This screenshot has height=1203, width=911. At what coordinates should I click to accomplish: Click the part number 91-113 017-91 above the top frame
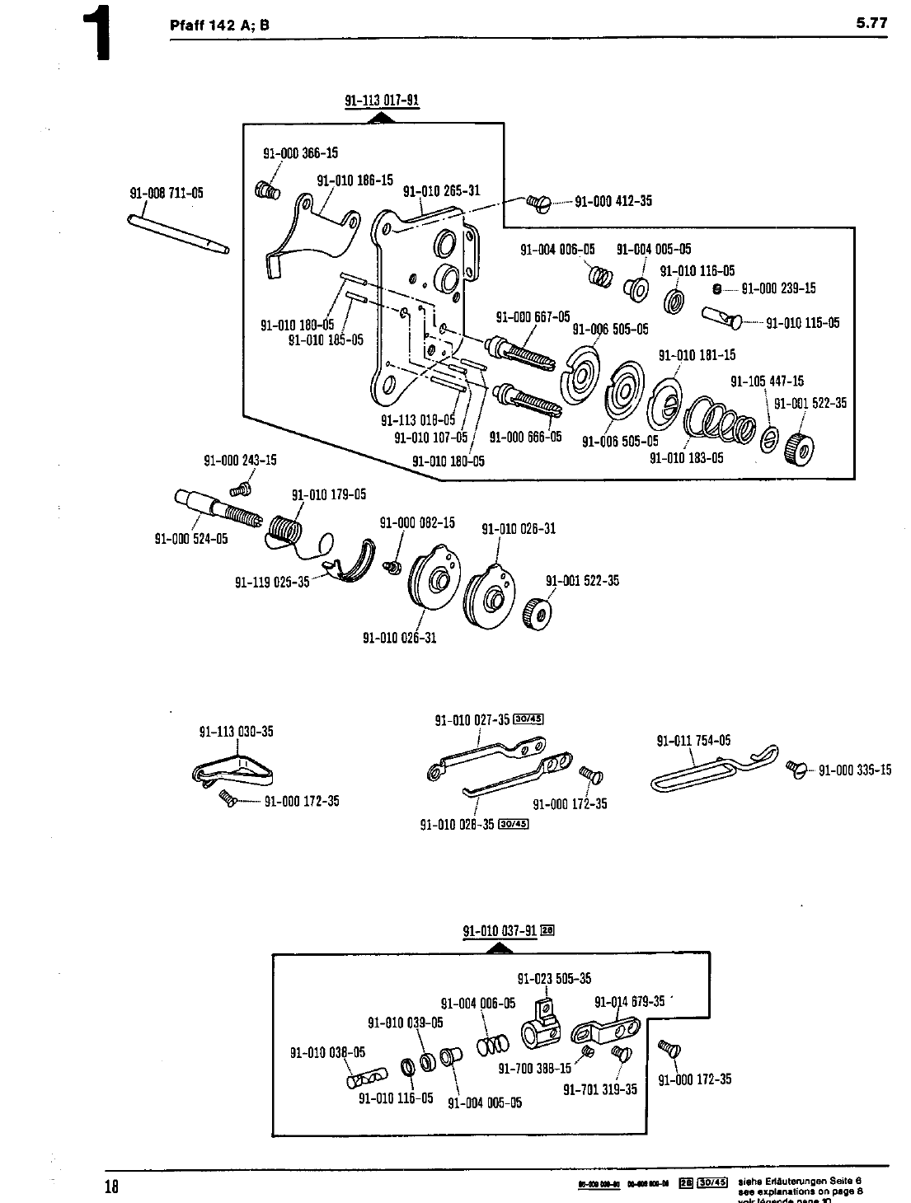click(382, 101)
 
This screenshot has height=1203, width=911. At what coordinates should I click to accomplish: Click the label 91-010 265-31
click(441, 191)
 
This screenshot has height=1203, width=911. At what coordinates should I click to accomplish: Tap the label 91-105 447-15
click(767, 381)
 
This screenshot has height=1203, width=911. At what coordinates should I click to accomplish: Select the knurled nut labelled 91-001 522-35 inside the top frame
click(800, 446)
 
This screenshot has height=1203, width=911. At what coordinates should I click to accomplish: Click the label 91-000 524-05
click(191, 539)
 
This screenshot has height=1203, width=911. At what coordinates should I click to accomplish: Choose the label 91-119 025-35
click(272, 582)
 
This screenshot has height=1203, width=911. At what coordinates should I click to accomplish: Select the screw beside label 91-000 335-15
click(797, 770)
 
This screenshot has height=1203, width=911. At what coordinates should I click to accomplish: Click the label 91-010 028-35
click(457, 823)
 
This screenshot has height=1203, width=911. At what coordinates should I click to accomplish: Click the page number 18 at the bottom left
click(112, 1187)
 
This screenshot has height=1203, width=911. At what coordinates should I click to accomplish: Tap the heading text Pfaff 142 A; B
click(219, 25)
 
